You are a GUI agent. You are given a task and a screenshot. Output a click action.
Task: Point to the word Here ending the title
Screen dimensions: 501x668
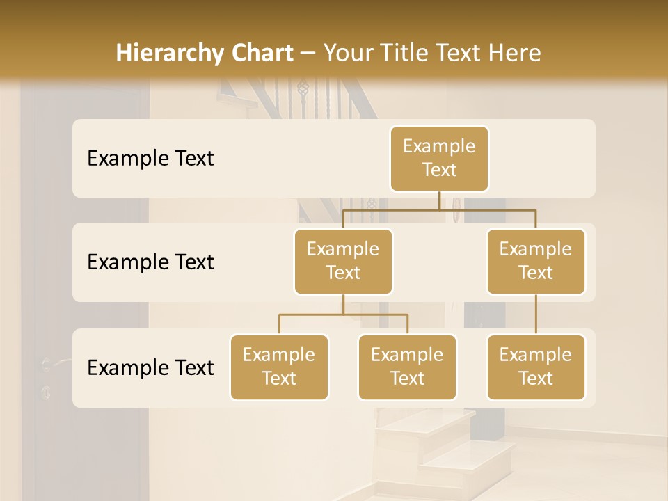pyautogui.click(x=516, y=53)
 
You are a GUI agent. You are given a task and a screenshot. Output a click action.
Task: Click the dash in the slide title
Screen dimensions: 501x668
pyautogui.click(x=309, y=53)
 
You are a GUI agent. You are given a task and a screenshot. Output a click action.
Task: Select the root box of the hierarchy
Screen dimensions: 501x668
pyautogui.click(x=439, y=158)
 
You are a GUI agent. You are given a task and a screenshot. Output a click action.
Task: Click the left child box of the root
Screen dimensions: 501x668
pyautogui.click(x=343, y=261)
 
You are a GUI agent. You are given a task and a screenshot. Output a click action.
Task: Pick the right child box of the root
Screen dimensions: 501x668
pyautogui.click(x=536, y=261)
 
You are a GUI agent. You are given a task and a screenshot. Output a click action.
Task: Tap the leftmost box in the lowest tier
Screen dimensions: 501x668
pyautogui.click(x=279, y=367)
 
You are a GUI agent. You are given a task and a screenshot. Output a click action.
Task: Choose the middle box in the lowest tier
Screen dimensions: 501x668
pyautogui.click(x=407, y=367)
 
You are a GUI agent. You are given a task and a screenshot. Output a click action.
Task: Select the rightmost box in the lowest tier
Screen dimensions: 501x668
pyautogui.click(x=536, y=367)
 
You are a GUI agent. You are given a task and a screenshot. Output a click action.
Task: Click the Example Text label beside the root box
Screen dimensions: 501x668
pyautogui.click(x=150, y=158)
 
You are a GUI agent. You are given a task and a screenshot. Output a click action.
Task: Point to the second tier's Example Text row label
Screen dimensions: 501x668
pyautogui.click(x=150, y=262)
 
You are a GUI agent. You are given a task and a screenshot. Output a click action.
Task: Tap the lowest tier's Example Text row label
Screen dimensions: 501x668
pyautogui.click(x=150, y=367)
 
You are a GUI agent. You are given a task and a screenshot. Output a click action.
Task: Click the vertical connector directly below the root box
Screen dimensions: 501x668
pyautogui.click(x=439, y=200)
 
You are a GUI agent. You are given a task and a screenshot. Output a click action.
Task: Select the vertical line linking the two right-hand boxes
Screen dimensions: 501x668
pyautogui.click(x=536, y=315)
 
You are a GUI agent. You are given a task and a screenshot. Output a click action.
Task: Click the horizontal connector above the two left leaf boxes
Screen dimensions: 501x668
pyautogui.click(x=343, y=315)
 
